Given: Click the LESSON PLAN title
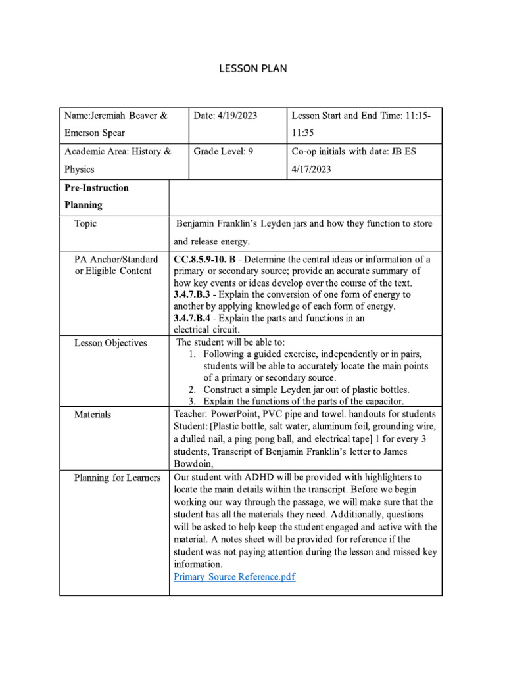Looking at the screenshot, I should (252, 68).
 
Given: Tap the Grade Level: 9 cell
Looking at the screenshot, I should (224, 151).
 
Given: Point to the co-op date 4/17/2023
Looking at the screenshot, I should (311, 169).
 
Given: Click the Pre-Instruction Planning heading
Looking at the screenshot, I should (96, 196).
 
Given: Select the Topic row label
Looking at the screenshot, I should (85, 223).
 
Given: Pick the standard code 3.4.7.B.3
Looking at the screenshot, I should (191, 294).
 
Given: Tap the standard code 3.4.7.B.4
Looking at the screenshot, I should (191, 318).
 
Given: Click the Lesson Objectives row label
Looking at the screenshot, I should (110, 343).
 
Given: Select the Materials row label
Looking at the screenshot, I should (93, 415).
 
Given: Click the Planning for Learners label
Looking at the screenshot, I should (117, 478).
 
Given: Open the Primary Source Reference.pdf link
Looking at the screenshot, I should (234, 577).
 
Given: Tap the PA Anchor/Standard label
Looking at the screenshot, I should (116, 260).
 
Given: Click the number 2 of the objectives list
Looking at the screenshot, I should (191, 389).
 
